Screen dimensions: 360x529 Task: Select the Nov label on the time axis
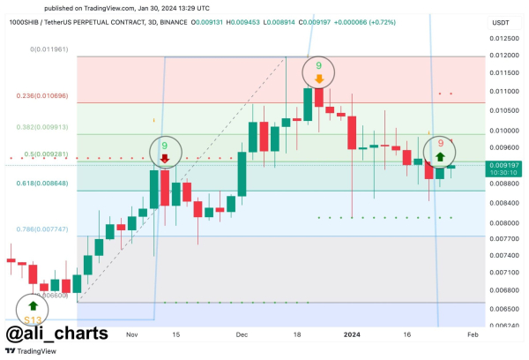pyautogui.click(x=132, y=335)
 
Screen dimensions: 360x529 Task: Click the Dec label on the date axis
pyautogui.click(x=242, y=335)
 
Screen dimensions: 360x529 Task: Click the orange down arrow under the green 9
pyautogui.click(x=318, y=79)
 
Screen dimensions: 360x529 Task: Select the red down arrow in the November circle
pyautogui.click(x=164, y=159)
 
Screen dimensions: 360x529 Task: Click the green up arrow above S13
pyautogui.click(x=33, y=304)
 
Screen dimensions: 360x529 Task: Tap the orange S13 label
pyautogui.click(x=33, y=319)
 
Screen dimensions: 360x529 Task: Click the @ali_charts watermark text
pyautogui.click(x=57, y=334)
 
